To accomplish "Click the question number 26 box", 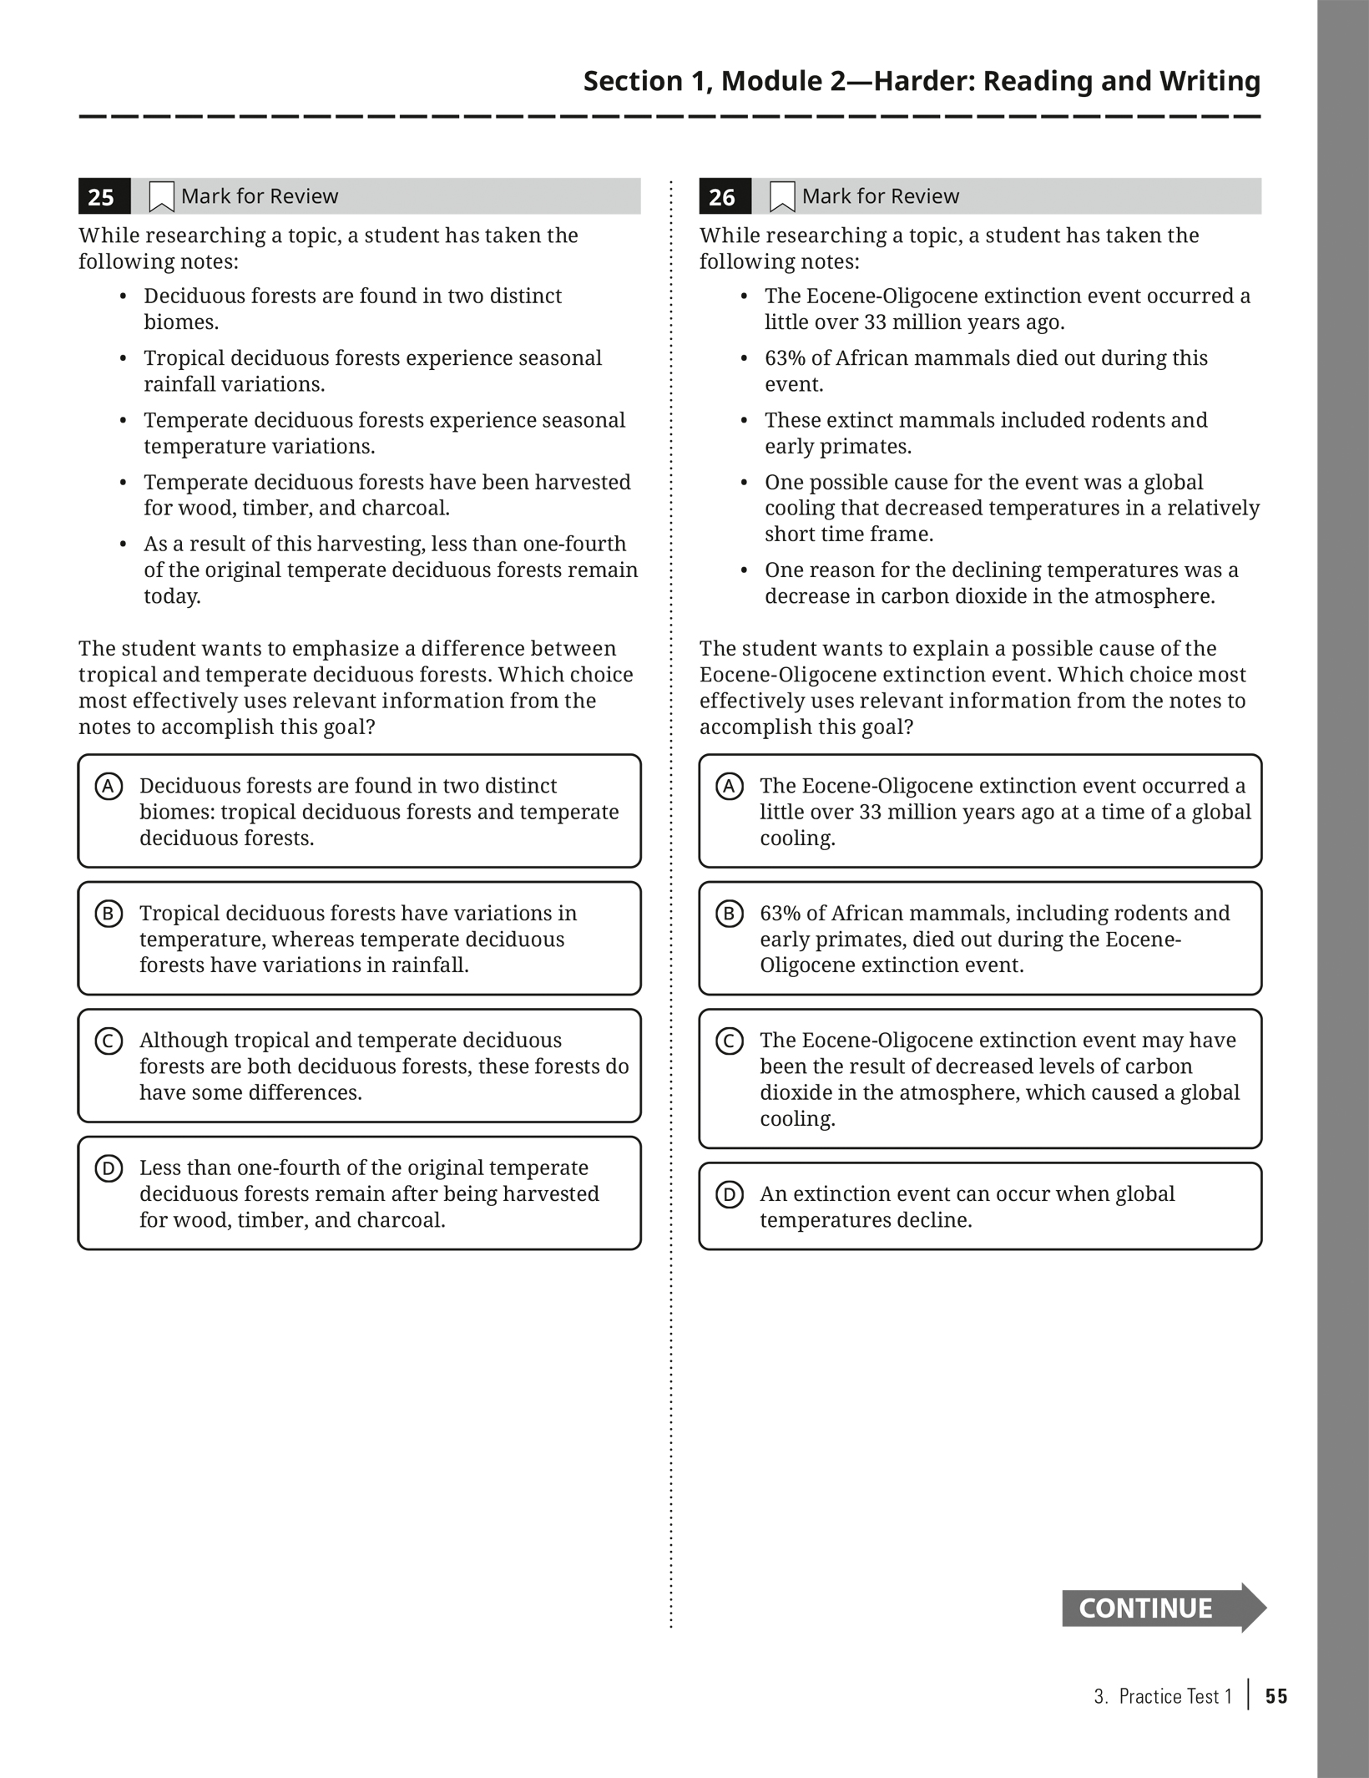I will pos(724,197).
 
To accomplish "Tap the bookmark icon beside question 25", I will pos(161,197).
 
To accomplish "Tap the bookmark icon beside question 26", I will pos(781,197).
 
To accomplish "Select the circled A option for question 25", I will pos(109,787).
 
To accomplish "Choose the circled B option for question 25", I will pos(109,914).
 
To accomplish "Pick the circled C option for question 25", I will pos(109,1041).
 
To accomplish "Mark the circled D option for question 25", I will pos(109,1168).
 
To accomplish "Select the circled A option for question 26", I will pos(729,787).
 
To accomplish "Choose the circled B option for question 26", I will pos(729,914).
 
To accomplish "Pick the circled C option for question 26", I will pos(729,1041).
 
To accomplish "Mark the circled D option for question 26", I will pos(729,1195).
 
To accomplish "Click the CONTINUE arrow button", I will pos(1162,1608).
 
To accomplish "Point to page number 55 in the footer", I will pos(1276,1696).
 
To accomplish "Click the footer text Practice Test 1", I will pos(1175,1696).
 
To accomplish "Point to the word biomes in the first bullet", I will pos(180,322).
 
